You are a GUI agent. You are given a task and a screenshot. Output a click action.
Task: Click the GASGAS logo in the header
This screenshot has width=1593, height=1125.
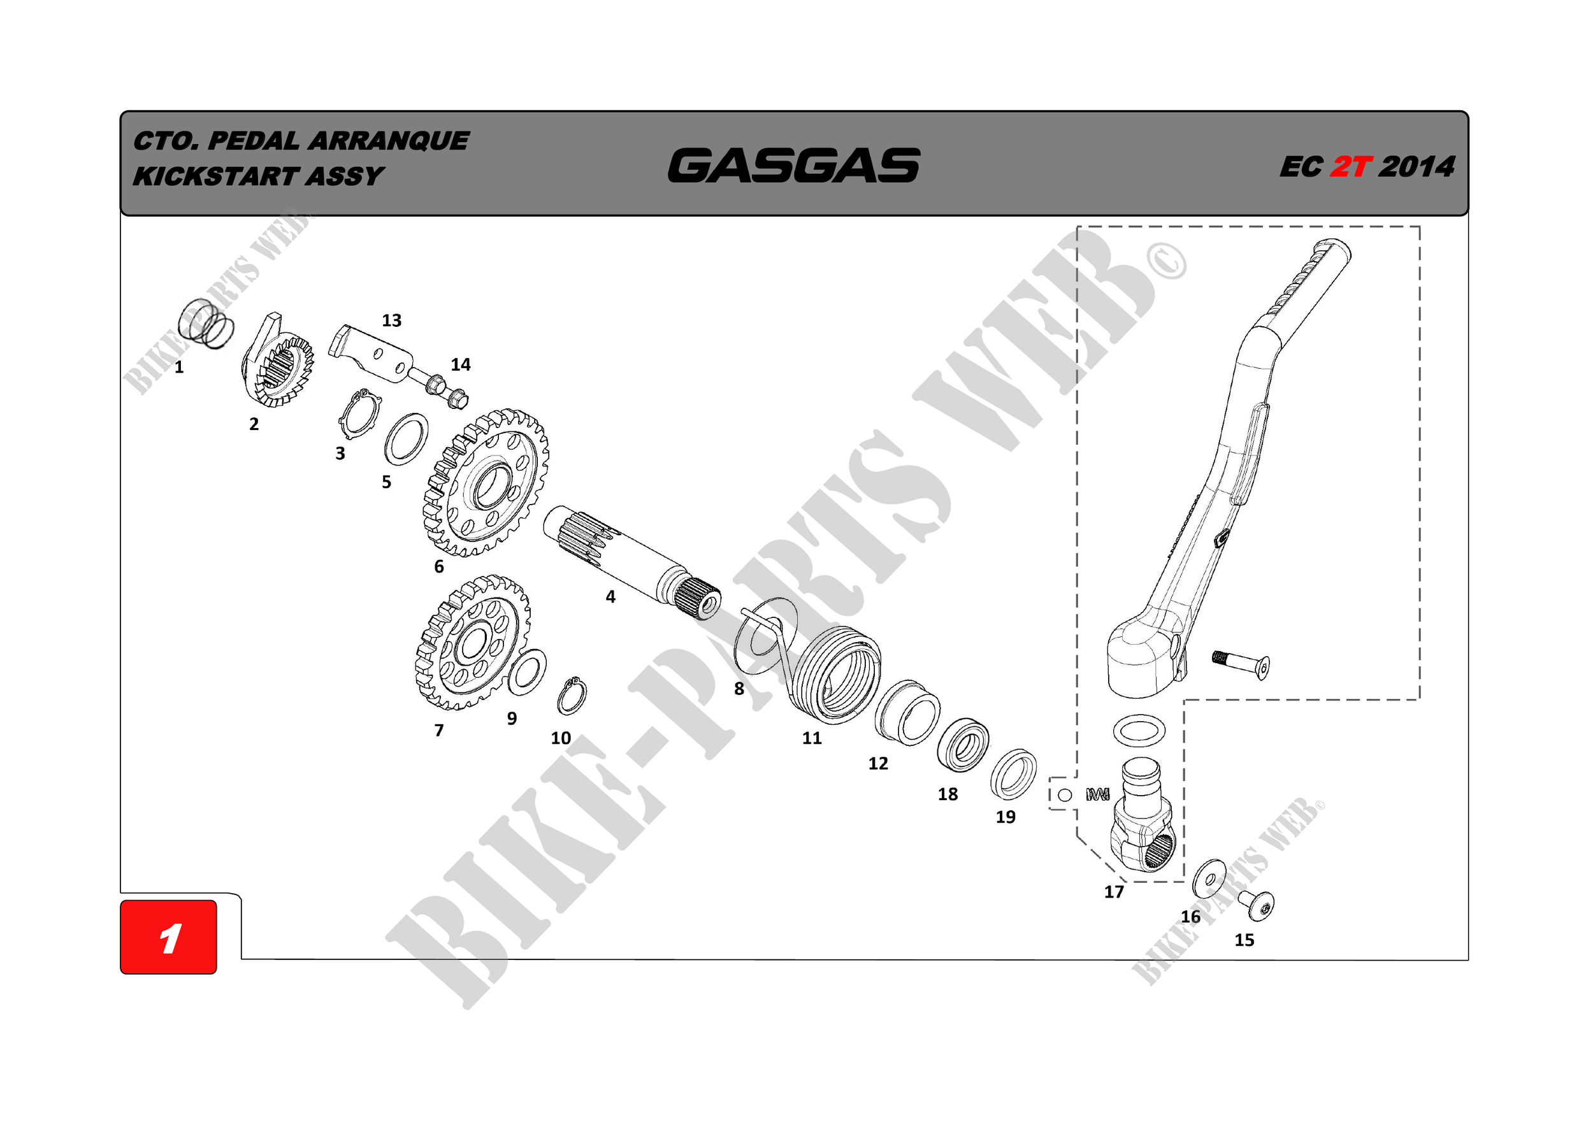794,166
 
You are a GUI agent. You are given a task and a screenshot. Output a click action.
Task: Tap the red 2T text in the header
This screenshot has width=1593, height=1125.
1350,167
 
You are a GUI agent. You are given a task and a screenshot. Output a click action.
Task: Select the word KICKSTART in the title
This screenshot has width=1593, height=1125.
216,176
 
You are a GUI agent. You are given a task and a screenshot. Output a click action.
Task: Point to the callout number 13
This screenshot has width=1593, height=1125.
391,320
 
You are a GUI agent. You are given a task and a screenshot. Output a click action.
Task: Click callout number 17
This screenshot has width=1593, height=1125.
1114,892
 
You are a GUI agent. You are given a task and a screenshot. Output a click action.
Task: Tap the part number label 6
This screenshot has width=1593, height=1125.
438,567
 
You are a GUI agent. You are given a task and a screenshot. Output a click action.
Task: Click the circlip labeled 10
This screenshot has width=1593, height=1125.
572,696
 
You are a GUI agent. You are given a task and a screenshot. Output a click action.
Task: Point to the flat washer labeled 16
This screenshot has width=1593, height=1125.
1209,880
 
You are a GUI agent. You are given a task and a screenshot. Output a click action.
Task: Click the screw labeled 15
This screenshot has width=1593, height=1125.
1258,905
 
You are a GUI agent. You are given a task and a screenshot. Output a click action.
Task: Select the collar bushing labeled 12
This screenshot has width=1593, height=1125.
907,713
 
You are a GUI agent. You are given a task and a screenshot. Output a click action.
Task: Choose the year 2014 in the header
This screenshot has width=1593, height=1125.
1416,167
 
